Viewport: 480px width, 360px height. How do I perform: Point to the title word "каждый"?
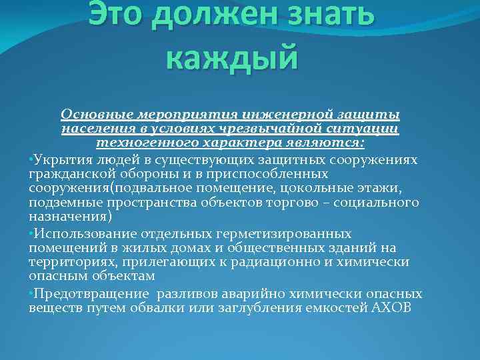click(230, 56)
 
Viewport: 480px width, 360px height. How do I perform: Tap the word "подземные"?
click(59, 203)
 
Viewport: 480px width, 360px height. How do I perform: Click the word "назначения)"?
click(71, 217)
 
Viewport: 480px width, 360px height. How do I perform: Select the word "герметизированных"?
click(296, 233)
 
